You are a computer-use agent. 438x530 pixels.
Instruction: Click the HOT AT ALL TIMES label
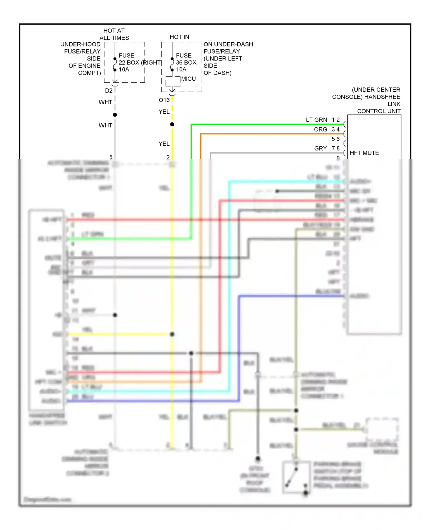tap(114, 34)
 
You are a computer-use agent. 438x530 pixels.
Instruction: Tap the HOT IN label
tap(179, 37)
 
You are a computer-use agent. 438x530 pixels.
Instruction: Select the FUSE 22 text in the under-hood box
tap(126, 59)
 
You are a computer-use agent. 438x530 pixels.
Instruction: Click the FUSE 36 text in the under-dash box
tap(184, 59)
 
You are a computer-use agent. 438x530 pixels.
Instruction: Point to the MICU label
tap(188, 79)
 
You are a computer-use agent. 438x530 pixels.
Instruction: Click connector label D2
tap(109, 91)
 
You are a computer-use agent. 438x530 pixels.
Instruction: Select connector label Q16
tap(164, 100)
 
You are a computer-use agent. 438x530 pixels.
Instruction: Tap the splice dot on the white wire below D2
tap(115, 115)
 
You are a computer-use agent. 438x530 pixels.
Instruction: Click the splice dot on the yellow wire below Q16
tap(172, 124)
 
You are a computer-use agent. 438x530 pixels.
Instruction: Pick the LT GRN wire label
tap(316, 120)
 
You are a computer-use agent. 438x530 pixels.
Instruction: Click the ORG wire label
tap(320, 129)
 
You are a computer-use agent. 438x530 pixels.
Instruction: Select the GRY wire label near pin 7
tap(320, 148)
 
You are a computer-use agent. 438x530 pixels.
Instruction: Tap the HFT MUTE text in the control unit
tap(364, 153)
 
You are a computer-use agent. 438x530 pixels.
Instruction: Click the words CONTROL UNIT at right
tap(379, 111)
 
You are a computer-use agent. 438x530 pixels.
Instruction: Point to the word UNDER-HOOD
tap(80, 44)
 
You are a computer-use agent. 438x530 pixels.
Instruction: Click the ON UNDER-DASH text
tap(228, 44)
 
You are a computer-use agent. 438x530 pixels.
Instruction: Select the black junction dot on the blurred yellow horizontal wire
tap(172, 334)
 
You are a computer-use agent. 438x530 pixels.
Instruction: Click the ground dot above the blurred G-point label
tap(258, 458)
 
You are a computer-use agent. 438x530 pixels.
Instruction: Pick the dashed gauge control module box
tap(382, 429)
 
